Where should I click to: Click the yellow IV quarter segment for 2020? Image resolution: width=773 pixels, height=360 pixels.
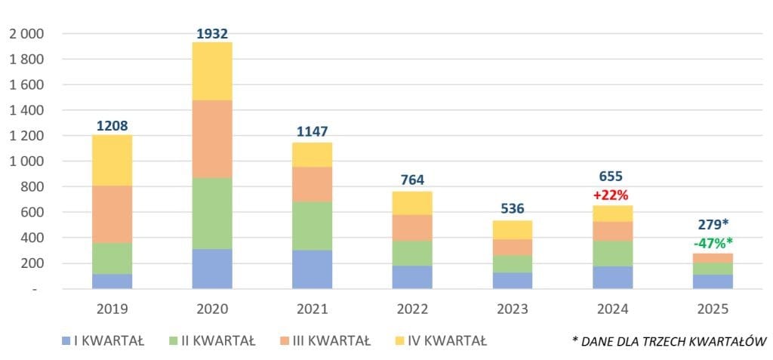point(212,71)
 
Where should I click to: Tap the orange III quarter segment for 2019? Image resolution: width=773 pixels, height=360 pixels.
point(112,214)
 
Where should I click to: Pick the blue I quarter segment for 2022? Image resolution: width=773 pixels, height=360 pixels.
point(412,276)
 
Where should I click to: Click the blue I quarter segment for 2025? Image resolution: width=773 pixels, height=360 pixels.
point(713,281)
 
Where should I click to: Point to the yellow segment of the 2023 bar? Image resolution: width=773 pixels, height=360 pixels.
point(513,230)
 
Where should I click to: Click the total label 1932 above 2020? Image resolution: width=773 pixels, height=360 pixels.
point(212,34)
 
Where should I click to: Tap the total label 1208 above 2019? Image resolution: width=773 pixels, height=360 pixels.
point(112,126)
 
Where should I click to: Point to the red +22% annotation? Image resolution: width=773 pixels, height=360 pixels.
point(612,195)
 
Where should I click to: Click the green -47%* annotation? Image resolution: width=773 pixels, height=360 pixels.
point(713,242)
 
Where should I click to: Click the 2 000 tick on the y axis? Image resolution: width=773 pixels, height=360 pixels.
point(26,34)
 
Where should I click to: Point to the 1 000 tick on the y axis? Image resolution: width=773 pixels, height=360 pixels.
point(26,162)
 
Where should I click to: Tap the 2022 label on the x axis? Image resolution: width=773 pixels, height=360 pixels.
point(412,308)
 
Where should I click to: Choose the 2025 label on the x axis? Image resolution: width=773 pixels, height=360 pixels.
point(713,308)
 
